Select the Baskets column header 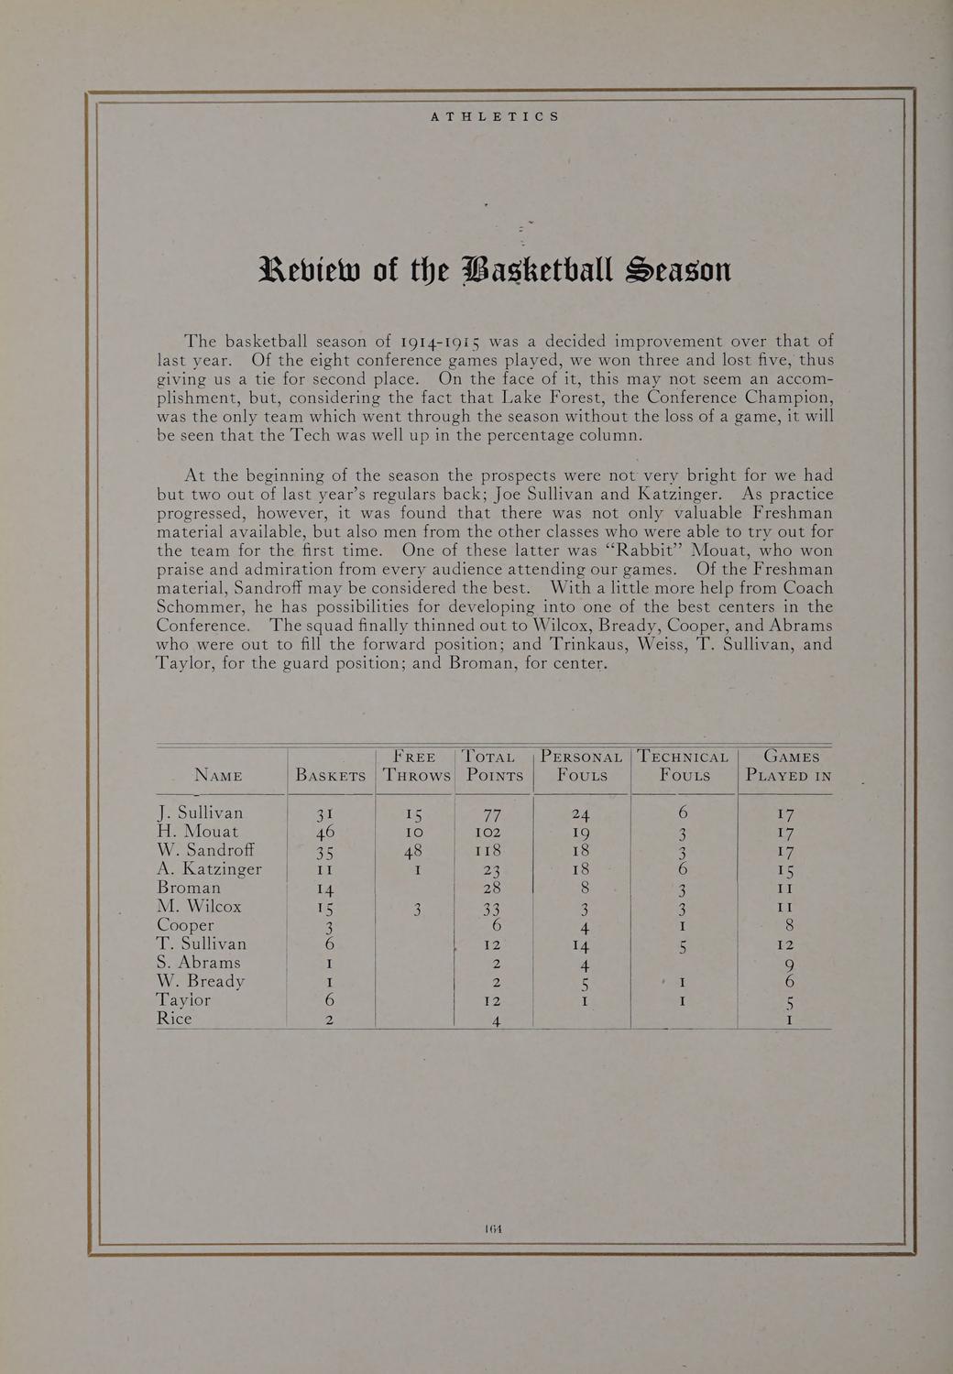pyautogui.click(x=331, y=776)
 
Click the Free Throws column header pyautogui.click(x=416, y=767)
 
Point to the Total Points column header pyautogui.click(x=495, y=767)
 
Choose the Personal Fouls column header pyautogui.click(x=582, y=767)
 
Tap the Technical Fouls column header pyautogui.click(x=684, y=767)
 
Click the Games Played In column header pyautogui.click(x=788, y=767)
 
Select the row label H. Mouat pyautogui.click(x=198, y=832)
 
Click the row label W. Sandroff pyautogui.click(x=204, y=850)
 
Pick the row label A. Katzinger pyautogui.click(x=210, y=869)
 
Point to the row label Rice pyautogui.click(x=174, y=1018)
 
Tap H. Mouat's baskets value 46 pyautogui.click(x=326, y=833)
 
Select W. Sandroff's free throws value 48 pyautogui.click(x=415, y=851)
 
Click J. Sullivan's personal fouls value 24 pyautogui.click(x=580, y=814)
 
